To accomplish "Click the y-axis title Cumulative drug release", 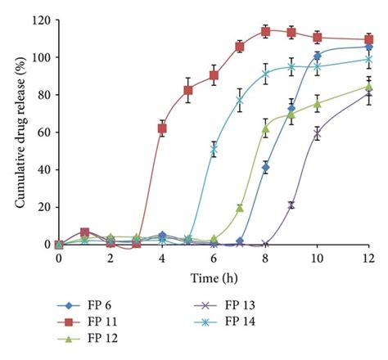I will [18, 132].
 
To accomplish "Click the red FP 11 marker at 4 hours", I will [162, 128].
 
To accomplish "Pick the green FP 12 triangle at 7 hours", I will [240, 208].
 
